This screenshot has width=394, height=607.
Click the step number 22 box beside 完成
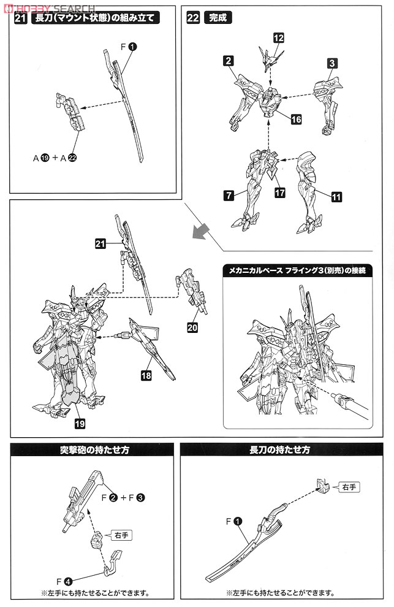pos(192,18)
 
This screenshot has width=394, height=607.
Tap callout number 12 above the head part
pos(279,38)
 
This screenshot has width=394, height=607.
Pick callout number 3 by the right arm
pos(331,63)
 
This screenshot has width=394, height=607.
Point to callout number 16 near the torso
pos(296,120)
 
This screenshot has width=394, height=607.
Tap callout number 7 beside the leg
pos(228,196)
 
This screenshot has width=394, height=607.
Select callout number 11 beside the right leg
pos(336,197)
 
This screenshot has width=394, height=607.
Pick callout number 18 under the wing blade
pos(146,376)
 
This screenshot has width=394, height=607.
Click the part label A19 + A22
pos(55,158)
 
